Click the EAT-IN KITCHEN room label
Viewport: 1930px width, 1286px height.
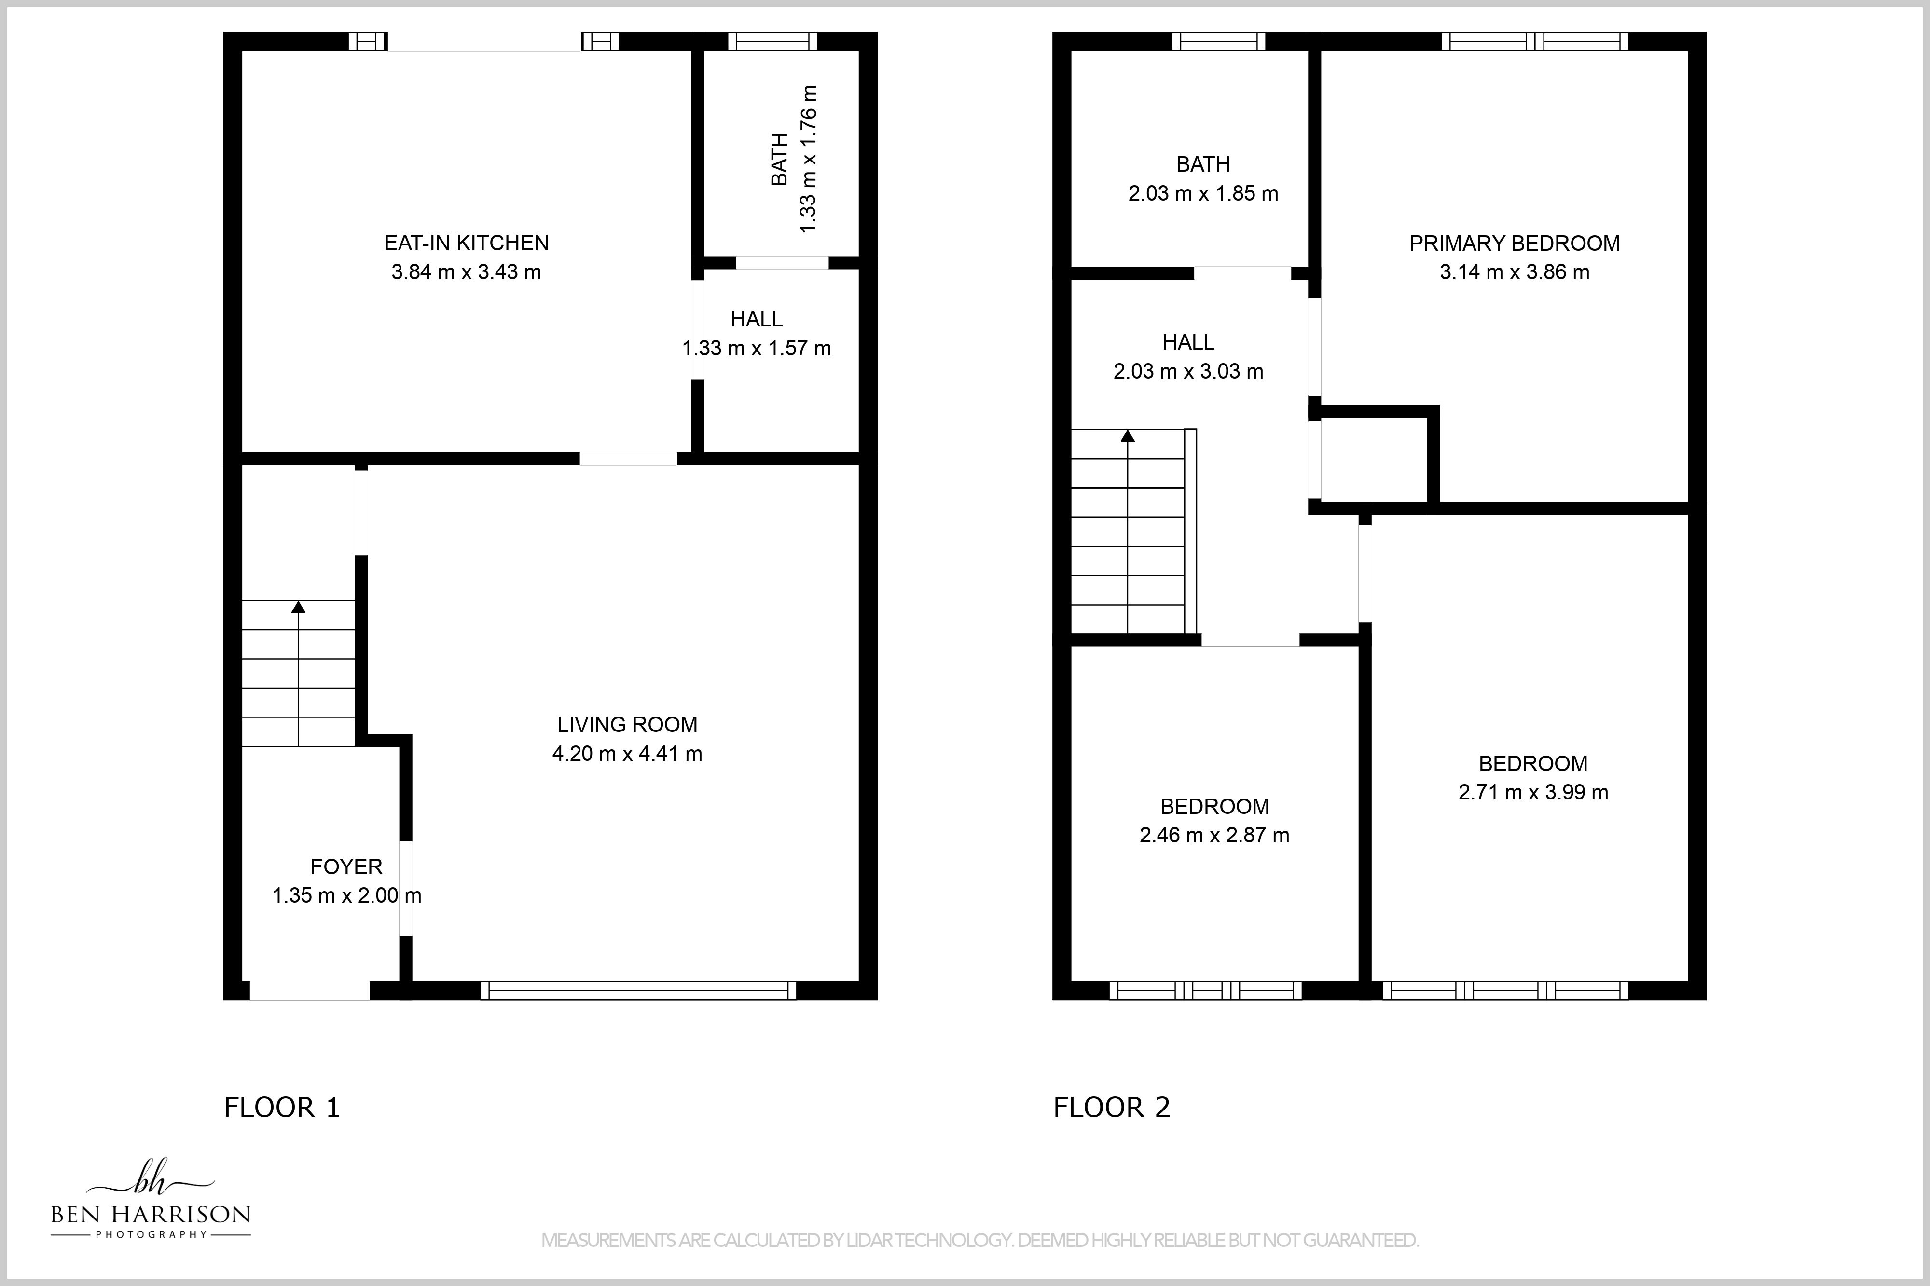[466, 243]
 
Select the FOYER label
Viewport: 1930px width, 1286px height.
[346, 866]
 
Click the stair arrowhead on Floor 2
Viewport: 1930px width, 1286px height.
[1128, 436]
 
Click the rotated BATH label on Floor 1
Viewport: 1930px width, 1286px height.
[780, 159]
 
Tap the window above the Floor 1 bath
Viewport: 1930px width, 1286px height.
[772, 41]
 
